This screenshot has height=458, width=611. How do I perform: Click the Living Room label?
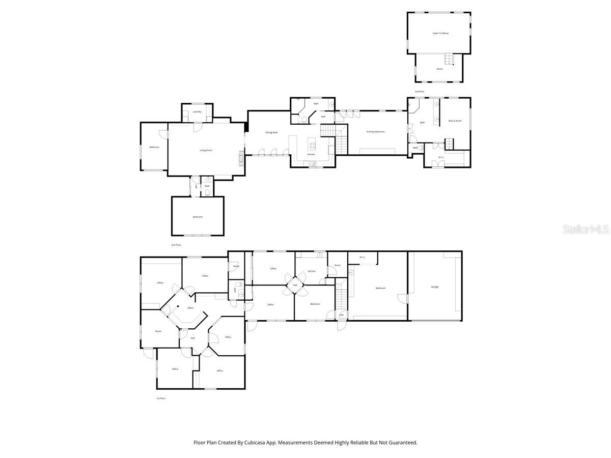pos(206,150)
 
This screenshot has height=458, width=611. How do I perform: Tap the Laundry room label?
pos(197,111)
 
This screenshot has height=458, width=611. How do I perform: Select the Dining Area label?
pos(271,132)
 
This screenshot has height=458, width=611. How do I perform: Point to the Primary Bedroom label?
pos(376,132)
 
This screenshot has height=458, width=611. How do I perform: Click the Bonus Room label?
pos(455,121)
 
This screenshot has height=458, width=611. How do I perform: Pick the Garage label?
pos(435,287)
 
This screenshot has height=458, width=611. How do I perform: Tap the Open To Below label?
pos(440,33)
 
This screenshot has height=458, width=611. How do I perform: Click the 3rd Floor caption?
pos(420,92)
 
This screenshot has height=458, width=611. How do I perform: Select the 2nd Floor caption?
pos(176,245)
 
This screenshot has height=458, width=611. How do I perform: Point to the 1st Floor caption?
pos(160,398)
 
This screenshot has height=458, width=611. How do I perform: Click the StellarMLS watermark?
pos(585,230)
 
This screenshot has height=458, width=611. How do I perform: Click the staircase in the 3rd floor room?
pos(449,59)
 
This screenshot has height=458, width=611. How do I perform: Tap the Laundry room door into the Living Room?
pos(196,127)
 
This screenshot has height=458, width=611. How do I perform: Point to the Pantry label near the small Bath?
pos(197,186)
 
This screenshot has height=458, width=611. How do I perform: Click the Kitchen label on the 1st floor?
pos(312,271)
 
